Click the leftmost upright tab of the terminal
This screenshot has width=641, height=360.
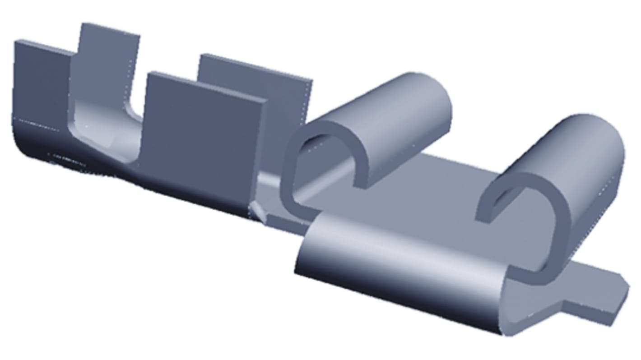click(41, 81)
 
